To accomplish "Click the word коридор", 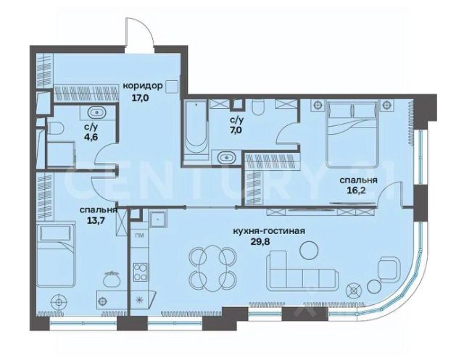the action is pos(143,86).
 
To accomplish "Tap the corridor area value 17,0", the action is pos(140,97).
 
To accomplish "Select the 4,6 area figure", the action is pos(91,137).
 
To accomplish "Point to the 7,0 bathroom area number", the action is pos(237,130).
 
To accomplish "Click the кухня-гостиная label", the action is pos(269,231).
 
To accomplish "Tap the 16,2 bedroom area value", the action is pos(357,190).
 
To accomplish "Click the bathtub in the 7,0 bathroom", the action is pos(195,130).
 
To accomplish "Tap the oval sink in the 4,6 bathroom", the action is pos(96,113).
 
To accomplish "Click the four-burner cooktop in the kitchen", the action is pos(141,272).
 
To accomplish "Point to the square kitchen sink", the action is pos(158,219).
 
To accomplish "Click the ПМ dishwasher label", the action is pos(138,235).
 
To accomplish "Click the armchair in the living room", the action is pos(390,268).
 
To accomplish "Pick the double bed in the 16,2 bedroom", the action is pos(352,133).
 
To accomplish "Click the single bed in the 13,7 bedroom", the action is pos(55,255).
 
